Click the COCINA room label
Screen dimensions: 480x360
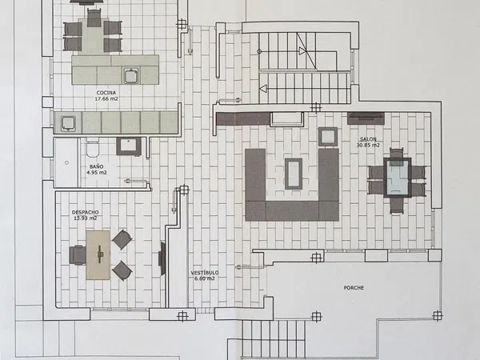point(106,93)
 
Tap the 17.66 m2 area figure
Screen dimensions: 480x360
point(106,99)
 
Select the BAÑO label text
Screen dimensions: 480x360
point(97,167)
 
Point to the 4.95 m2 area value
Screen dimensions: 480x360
point(97,173)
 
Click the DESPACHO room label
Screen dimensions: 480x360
point(86,212)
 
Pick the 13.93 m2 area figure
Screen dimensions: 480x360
point(86,218)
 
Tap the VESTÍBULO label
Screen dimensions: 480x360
point(205,273)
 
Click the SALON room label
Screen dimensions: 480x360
point(368,139)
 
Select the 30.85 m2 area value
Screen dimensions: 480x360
point(368,145)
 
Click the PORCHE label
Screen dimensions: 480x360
point(354,288)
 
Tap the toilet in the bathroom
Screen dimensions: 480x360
point(92,147)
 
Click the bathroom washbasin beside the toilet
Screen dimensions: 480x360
point(129,146)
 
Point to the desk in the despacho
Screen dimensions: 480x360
point(98,255)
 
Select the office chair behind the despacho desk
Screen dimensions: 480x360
point(78,255)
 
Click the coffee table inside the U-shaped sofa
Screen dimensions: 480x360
point(294,174)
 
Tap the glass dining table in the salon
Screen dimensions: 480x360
point(398,178)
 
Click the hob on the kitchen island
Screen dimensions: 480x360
point(131,76)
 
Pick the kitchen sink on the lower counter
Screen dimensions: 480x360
point(68,123)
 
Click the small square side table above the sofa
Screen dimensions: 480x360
point(328,137)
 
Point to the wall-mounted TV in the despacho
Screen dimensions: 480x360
point(162,258)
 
